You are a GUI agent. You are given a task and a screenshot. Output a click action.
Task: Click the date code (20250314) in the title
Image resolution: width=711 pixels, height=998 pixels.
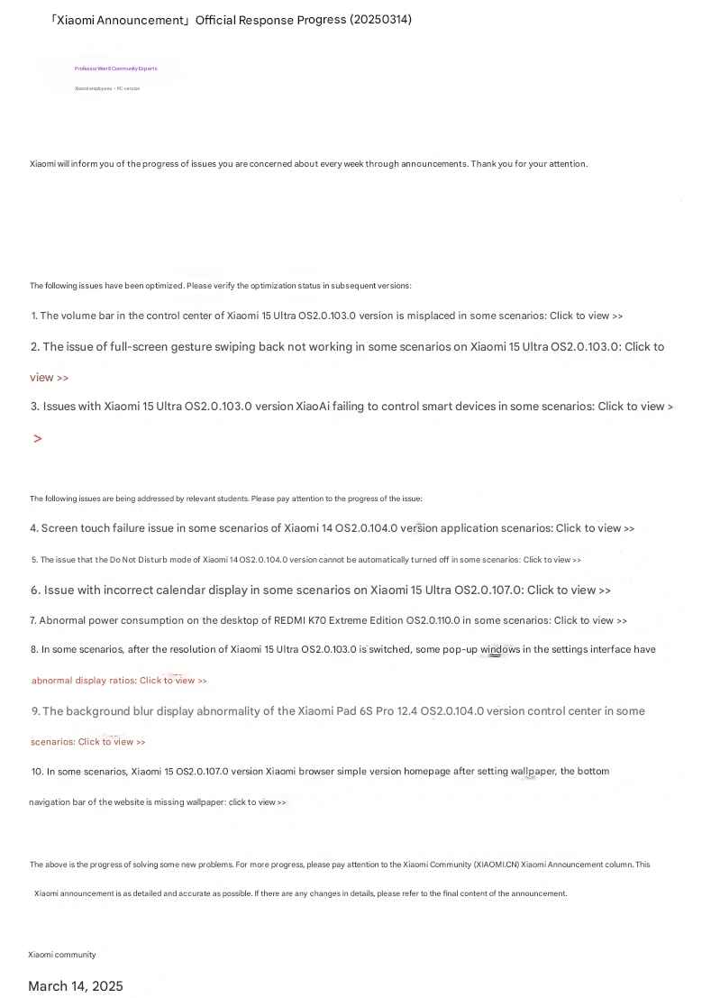tap(380, 20)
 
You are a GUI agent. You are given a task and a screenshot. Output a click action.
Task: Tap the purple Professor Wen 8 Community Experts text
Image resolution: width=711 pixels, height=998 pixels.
tap(115, 69)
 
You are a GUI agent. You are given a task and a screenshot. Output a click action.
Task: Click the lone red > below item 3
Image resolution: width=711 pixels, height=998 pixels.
tap(38, 439)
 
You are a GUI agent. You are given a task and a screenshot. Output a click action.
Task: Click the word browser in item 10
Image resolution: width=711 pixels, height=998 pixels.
tap(315, 772)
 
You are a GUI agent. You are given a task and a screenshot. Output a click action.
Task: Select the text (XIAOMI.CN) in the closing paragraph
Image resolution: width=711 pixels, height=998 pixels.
tap(496, 865)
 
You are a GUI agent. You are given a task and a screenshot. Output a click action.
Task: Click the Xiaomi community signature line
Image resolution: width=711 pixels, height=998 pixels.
tap(61, 955)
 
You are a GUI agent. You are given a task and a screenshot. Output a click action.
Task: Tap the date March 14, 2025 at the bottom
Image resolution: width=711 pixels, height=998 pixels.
tap(76, 986)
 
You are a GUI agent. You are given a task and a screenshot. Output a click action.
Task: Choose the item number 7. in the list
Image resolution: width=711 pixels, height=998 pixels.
tap(33, 621)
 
